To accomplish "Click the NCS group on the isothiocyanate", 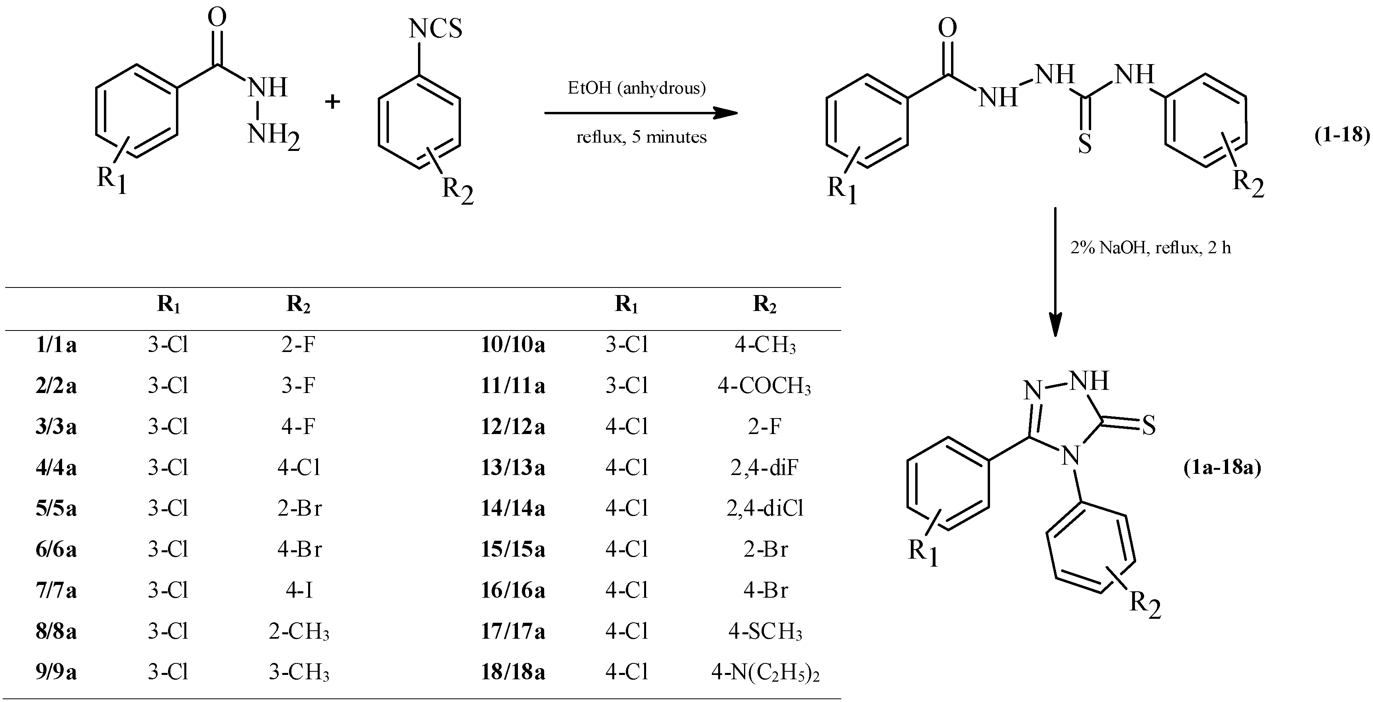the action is [435, 29].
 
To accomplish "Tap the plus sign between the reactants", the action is [332, 101].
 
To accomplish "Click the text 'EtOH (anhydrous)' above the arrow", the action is [637, 88].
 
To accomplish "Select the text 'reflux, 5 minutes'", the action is [641, 137].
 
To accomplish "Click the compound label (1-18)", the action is [1342, 135].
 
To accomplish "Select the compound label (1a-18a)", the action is [1222, 467].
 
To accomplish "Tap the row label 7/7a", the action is [56, 591].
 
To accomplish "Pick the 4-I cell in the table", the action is [299, 591].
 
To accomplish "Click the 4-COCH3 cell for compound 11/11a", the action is [764, 386].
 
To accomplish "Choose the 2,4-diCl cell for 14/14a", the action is [765, 508].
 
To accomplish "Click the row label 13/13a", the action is [513, 468].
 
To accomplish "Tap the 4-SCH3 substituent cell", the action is [765, 632].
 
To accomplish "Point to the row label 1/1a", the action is [56, 345].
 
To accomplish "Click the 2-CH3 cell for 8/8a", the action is [299, 632].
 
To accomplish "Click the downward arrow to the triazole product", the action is [1055, 272].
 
